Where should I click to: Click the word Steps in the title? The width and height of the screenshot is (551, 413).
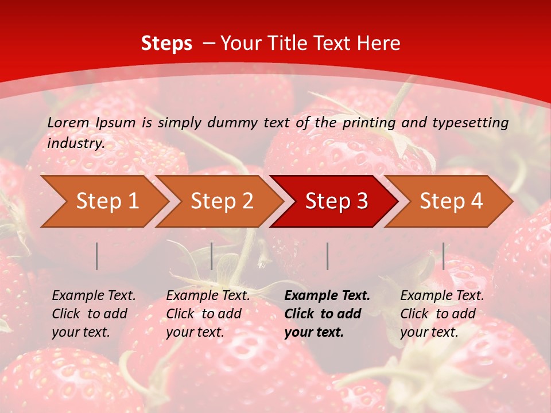click(166, 44)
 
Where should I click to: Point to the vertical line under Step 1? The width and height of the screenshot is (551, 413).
click(97, 256)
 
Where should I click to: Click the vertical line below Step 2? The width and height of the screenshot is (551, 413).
click(212, 256)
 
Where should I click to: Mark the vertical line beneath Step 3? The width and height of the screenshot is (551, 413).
click(327, 256)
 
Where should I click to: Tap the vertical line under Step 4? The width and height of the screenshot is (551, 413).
click(443, 256)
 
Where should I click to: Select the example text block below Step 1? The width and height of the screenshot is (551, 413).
click(94, 313)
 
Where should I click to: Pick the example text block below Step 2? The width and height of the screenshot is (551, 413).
click(208, 313)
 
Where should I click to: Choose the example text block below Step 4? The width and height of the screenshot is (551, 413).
click(442, 313)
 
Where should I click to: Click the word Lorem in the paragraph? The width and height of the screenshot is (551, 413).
click(68, 122)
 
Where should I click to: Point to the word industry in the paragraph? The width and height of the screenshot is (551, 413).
click(76, 143)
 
